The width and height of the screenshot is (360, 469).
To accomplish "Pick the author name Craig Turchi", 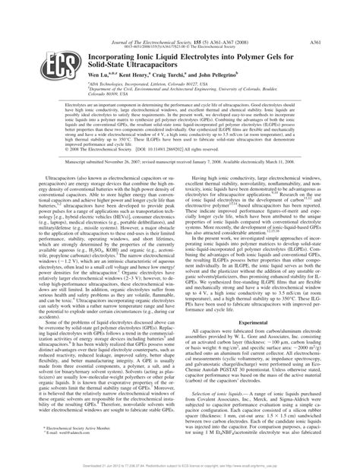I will [x=163, y=55].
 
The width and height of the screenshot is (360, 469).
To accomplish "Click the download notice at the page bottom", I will [x=180, y=460].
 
